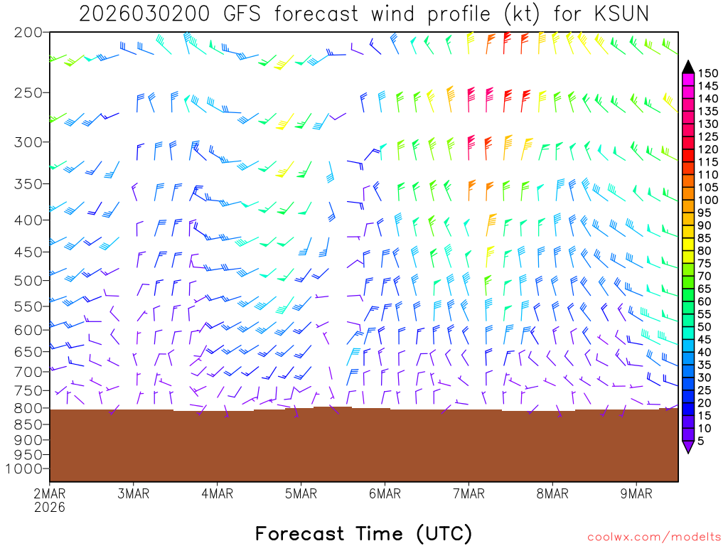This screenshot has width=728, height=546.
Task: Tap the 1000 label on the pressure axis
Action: point(24,469)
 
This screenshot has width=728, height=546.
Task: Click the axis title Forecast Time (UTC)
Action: point(363,533)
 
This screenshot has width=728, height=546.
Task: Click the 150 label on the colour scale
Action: point(707,73)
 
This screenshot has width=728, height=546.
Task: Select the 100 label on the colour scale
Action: point(707,200)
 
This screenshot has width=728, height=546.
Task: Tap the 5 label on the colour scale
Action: point(702,441)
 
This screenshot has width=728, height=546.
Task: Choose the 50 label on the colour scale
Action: point(705,326)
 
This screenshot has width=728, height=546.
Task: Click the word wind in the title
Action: point(384,14)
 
